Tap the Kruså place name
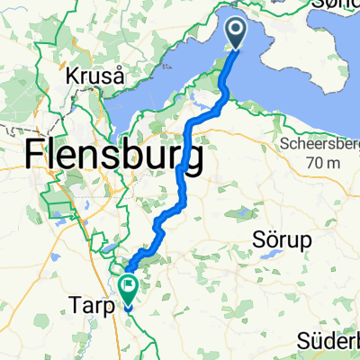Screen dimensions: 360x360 pyautogui.click(x=94, y=77)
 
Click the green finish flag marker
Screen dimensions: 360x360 pyautogui.click(x=129, y=290)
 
